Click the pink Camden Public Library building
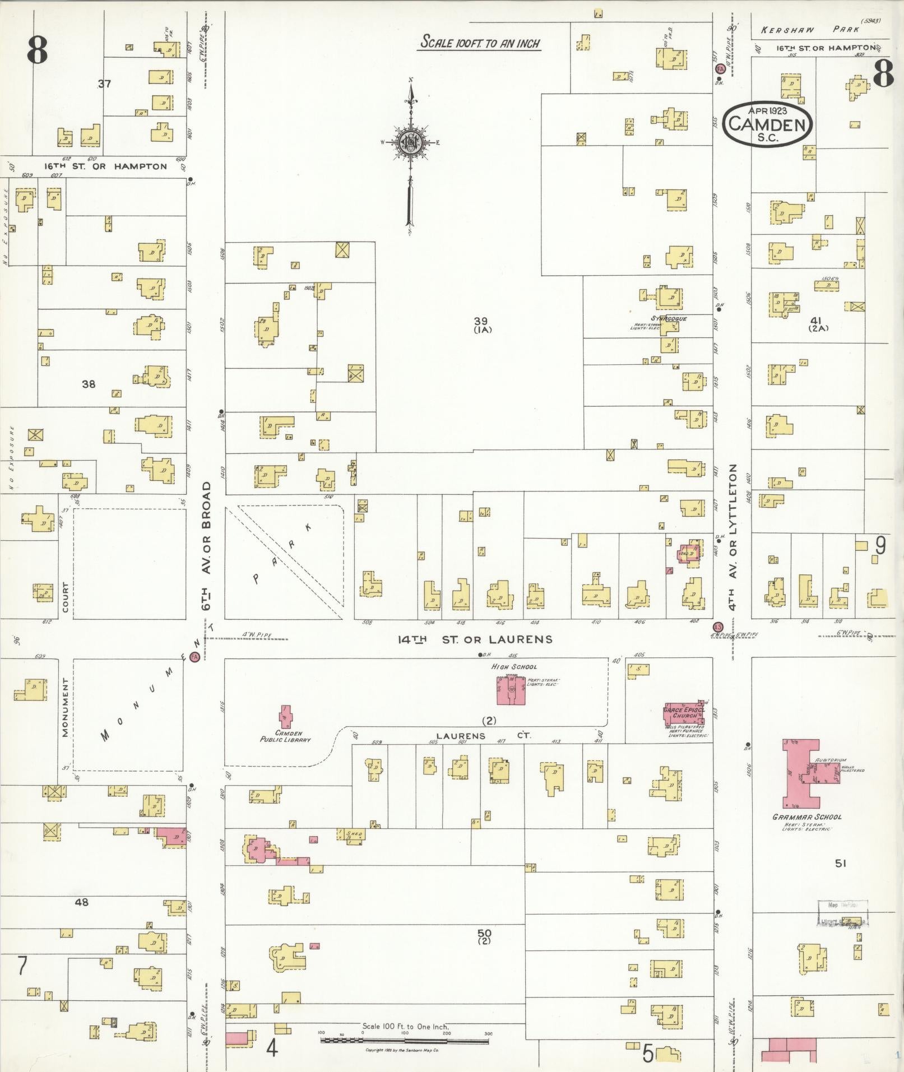[285, 717]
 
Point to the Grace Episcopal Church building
[682, 713]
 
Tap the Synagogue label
[669, 319]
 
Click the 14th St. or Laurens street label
[475, 639]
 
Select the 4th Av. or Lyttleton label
[733, 536]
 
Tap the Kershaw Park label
[809, 30]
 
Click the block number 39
[480, 321]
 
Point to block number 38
[89, 384]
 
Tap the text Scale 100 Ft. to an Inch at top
[480, 43]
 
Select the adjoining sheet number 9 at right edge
[880, 545]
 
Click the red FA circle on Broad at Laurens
[195, 657]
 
